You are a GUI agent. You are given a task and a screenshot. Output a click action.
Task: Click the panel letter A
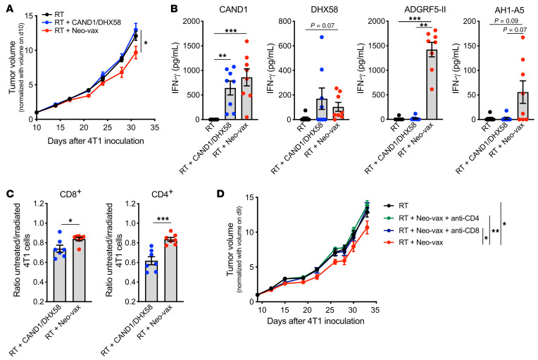9,9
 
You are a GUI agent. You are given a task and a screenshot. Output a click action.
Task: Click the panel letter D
220,194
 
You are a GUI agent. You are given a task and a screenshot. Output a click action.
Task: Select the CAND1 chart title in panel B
234,9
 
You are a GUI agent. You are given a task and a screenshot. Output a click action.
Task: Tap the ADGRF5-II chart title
425,9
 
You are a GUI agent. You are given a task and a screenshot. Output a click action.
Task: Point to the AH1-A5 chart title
509,11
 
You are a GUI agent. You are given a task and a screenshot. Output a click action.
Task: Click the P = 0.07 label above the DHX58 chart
323,25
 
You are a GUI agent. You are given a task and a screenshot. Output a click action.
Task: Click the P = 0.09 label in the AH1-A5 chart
506,21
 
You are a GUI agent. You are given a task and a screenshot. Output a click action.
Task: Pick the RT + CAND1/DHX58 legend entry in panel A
82,23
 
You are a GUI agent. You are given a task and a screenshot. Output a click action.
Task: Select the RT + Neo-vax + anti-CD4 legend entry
431,218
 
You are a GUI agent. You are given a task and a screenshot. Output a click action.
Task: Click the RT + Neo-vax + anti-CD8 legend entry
431,230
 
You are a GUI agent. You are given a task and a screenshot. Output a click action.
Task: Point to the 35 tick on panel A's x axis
155,128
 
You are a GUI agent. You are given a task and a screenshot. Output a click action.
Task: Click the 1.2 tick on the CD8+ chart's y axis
39,204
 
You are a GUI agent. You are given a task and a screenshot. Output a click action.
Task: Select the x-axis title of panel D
315,321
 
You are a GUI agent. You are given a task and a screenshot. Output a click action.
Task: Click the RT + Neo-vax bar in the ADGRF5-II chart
431,85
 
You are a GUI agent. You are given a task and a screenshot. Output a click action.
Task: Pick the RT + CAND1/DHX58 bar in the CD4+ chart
151,281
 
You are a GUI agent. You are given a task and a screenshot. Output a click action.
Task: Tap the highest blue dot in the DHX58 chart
322,37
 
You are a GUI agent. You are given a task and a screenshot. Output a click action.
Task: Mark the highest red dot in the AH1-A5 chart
523,37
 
